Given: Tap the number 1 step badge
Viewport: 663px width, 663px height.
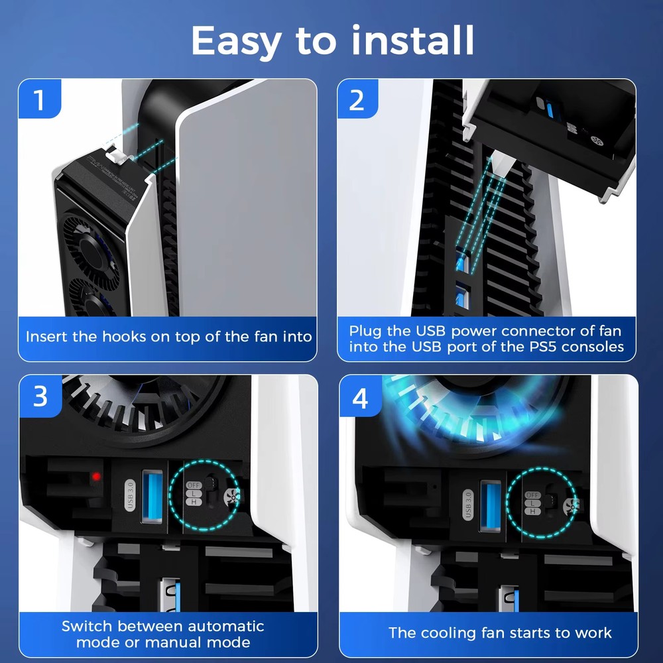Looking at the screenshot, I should (x=39, y=100).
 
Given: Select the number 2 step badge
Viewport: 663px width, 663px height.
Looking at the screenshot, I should (x=357, y=100).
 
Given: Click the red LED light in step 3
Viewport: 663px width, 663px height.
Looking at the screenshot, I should (x=97, y=477).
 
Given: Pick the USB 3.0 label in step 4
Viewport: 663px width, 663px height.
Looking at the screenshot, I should (x=468, y=503).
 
